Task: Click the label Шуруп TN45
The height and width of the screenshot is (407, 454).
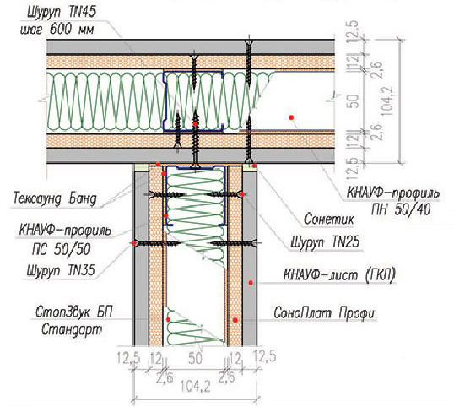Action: pyautogui.click(x=62, y=13)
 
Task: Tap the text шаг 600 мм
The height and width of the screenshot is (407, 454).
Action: pyautogui.click(x=57, y=30)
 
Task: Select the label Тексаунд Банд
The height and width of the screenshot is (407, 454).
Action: pyautogui.click(x=55, y=198)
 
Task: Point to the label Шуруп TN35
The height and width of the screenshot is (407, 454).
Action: pyautogui.click(x=61, y=271)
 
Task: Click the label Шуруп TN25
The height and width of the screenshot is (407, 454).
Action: pyautogui.click(x=325, y=241)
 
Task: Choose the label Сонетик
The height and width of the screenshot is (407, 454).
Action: pyautogui.click(x=329, y=219)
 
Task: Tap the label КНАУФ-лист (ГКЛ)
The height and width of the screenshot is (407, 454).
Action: pyautogui.click(x=339, y=274)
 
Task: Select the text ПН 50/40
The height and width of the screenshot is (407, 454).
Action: pyautogui.click(x=401, y=209)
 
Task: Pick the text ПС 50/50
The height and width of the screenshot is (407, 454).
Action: pyautogui.click(x=62, y=249)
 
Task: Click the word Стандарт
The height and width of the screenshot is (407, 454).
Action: pyautogui.click(x=72, y=329)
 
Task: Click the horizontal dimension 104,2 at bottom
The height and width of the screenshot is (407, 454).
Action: pyautogui.click(x=196, y=387)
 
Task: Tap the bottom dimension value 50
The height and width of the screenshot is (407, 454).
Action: pyautogui.click(x=195, y=358)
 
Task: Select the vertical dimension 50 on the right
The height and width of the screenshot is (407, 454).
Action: pyautogui.click(x=353, y=100)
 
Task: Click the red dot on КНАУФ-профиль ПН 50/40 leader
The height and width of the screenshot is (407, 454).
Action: pyautogui.click(x=291, y=117)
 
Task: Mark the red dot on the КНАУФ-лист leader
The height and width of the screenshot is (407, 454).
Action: pyautogui.click(x=251, y=282)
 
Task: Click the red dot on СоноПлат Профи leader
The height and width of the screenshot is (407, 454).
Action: pyautogui.click(x=235, y=320)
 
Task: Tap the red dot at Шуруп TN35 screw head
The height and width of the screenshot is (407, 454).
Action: pyautogui.click(x=134, y=244)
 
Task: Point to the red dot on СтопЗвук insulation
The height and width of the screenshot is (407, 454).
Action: pyautogui.click(x=168, y=319)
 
